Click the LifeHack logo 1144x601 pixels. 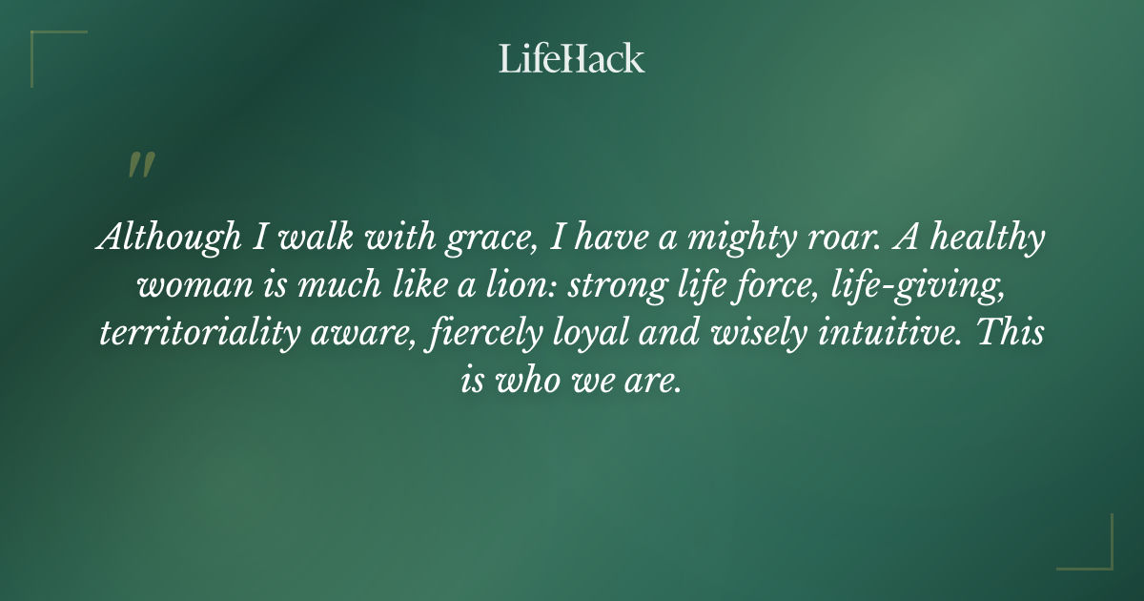click(x=572, y=58)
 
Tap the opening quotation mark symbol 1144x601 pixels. click(x=140, y=165)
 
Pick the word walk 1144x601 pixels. click(x=321, y=239)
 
